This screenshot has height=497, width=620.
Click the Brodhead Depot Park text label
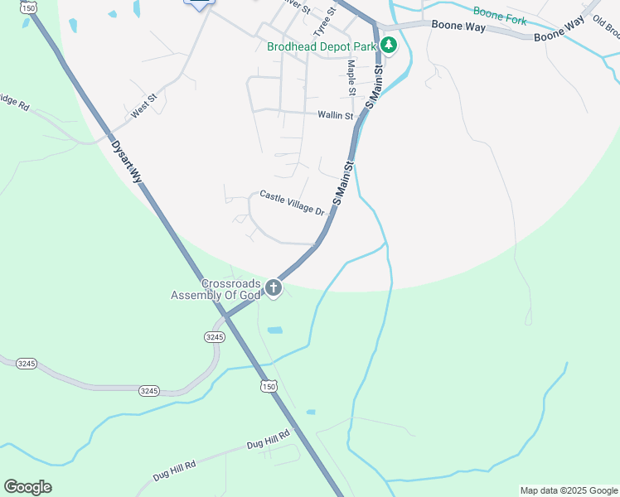click(x=322, y=46)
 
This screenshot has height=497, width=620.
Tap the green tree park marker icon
click(x=388, y=46)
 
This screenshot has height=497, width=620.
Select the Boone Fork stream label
click(x=500, y=12)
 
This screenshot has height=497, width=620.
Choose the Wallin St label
click(x=335, y=115)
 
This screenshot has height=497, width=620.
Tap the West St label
click(x=143, y=109)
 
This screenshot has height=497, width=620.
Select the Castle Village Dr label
click(x=291, y=203)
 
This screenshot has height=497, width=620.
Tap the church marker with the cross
click(x=273, y=288)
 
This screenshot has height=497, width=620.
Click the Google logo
click(x=27, y=487)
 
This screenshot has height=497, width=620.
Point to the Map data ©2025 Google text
click(x=569, y=490)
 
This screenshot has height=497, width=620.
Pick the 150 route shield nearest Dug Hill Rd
click(x=268, y=387)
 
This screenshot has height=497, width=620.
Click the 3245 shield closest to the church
click(x=215, y=337)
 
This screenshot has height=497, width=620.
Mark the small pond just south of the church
click(x=274, y=330)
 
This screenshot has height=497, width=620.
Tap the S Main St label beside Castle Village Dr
click(x=343, y=183)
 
